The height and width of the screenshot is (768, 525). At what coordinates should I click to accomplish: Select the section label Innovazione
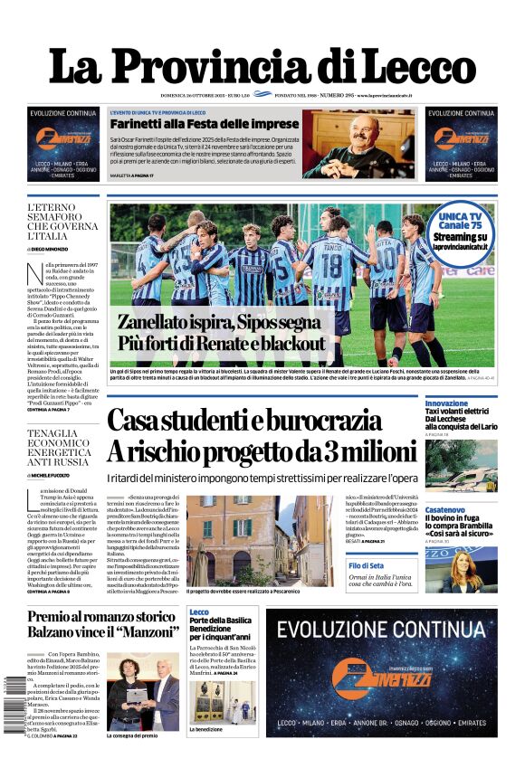tap(446, 403)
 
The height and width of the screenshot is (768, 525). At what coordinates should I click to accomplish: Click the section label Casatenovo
tap(446, 510)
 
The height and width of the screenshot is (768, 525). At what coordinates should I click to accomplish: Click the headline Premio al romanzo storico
tap(101, 617)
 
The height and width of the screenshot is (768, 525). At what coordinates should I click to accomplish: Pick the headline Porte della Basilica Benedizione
tap(220, 624)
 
